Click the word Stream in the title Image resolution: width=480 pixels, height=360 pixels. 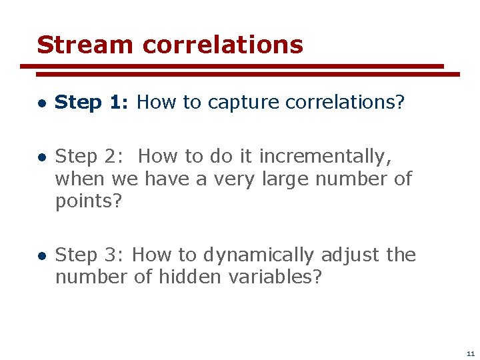click(x=85, y=45)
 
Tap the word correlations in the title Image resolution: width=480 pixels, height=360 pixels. click(x=223, y=45)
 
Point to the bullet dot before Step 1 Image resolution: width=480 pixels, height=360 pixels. click(x=41, y=103)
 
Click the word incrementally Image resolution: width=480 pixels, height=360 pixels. click(x=325, y=157)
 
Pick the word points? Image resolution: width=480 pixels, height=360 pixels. click(x=89, y=201)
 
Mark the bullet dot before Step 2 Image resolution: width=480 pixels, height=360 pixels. click(x=41, y=158)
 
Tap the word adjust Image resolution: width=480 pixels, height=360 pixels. click(x=350, y=255)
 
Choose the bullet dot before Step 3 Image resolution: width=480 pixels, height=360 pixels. click(x=41, y=256)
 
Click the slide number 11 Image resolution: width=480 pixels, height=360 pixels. click(x=471, y=353)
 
